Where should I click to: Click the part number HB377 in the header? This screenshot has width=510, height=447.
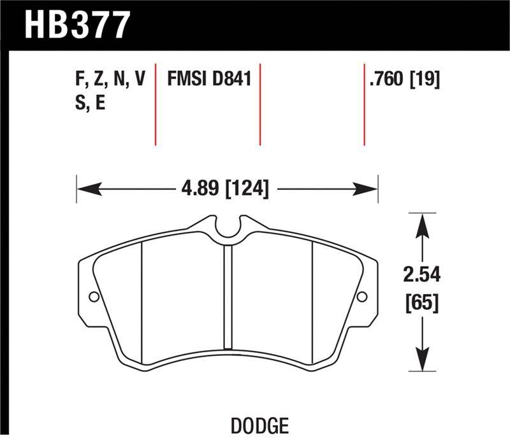tap(77, 25)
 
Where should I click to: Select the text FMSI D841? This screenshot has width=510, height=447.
tap(209, 79)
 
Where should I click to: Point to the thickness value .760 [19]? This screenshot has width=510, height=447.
tap(405, 79)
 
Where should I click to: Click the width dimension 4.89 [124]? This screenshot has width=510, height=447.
tap(225, 188)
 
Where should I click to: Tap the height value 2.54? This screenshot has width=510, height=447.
tap(422, 274)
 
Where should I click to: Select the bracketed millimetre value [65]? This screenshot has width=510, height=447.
tap(422, 302)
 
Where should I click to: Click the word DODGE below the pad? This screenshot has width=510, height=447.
tap(259, 426)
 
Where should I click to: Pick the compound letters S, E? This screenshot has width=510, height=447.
tap(90, 103)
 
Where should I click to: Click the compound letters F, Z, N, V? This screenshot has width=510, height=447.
tap(110, 79)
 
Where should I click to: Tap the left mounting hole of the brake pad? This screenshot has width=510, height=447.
tap(94, 297)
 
